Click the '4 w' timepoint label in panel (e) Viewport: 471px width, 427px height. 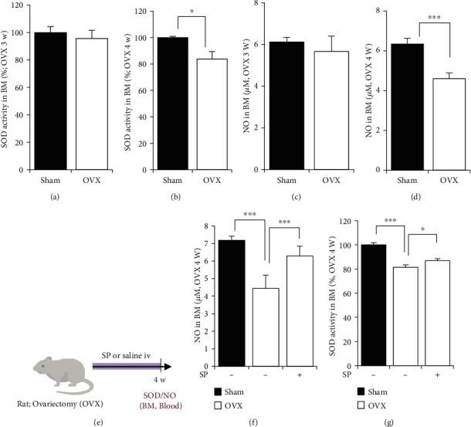(159, 380)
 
